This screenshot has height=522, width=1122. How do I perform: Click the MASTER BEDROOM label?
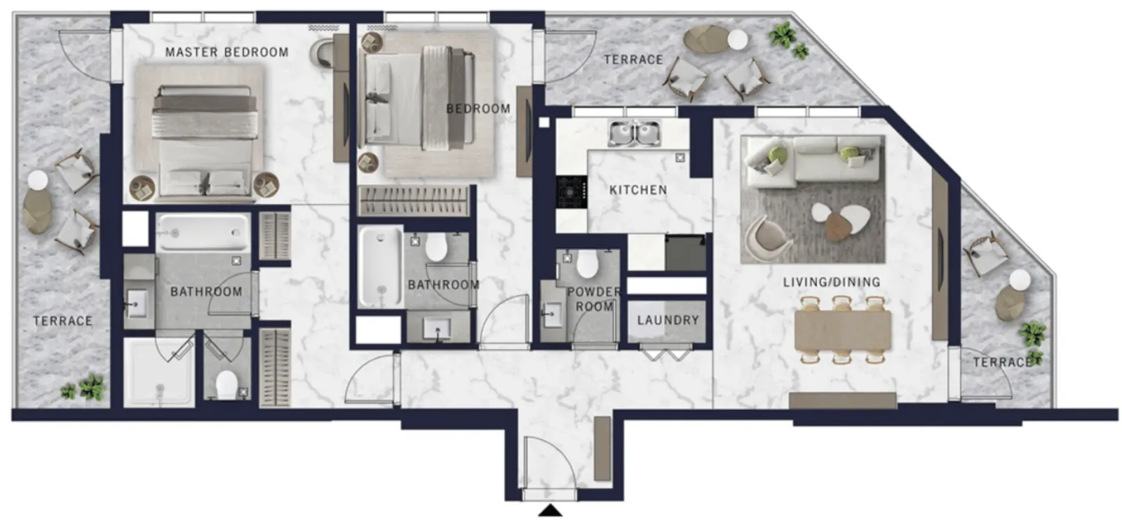click(x=227, y=52)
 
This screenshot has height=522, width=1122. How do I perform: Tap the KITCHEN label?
click(x=638, y=190)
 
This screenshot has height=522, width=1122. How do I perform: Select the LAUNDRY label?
click(x=668, y=320)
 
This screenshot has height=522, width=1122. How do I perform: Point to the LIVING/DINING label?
click(x=832, y=282)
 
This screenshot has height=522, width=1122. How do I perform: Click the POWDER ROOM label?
click(x=594, y=298)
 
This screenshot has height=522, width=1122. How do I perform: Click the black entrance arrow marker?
click(x=550, y=510)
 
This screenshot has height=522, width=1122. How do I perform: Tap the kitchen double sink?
click(x=635, y=134)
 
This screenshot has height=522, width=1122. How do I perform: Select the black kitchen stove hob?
click(x=571, y=192)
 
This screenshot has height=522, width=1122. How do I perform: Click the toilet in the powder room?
click(x=586, y=263)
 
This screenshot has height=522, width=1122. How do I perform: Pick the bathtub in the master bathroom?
click(x=203, y=232)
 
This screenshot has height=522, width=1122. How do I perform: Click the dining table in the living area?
click(x=843, y=331)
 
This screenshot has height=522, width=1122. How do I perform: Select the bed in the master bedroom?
click(x=205, y=141)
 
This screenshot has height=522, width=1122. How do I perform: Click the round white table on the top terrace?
click(x=737, y=40)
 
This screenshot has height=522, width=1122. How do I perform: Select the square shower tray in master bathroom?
click(x=159, y=372)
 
